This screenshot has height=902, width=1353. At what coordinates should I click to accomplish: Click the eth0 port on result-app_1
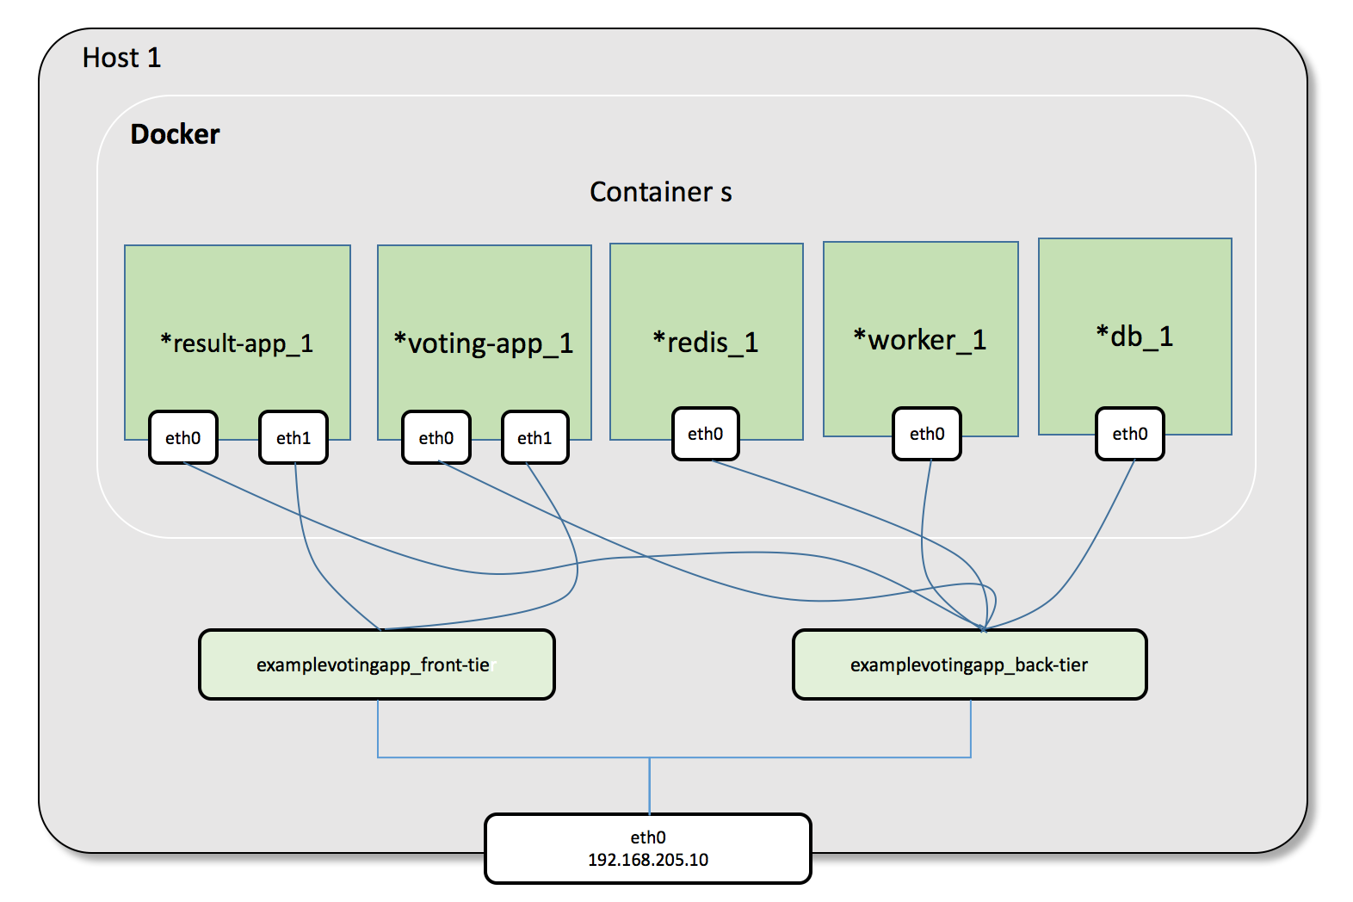182,438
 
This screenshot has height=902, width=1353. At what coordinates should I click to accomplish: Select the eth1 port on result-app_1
293,438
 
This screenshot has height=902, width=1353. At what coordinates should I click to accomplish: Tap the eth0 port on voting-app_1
436,438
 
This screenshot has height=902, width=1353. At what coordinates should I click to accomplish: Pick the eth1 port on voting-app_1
534,438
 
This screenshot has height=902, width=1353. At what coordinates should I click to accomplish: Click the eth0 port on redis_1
705,434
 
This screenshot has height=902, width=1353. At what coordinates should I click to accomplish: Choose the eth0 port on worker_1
926,434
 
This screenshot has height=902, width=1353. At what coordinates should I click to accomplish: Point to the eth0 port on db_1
1129,434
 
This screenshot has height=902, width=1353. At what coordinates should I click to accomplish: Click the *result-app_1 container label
237,343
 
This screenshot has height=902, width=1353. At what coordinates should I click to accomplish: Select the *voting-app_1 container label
483,343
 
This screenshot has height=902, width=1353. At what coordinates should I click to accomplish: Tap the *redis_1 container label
705,342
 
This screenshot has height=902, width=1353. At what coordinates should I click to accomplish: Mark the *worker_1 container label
919,340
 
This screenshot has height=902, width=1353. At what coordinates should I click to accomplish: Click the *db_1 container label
1134,337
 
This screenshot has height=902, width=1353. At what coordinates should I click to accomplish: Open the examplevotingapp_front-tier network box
376,664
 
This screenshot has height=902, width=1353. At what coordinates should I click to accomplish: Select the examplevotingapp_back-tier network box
969,664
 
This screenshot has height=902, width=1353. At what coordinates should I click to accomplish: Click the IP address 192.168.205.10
647,860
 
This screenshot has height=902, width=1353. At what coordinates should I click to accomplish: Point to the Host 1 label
121,58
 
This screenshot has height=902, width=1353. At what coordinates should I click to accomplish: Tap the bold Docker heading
175,134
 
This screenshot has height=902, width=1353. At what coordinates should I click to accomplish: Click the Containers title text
660,192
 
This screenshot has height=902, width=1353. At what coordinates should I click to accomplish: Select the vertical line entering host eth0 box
650,785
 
